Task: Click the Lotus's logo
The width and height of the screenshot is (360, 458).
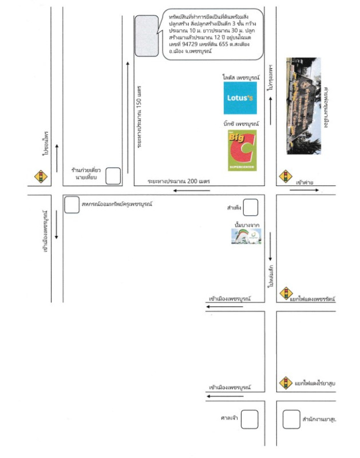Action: [x=240, y=98]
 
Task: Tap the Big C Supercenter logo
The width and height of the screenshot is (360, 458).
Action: [x=242, y=150]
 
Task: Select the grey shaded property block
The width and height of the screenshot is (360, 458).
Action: [x=147, y=36]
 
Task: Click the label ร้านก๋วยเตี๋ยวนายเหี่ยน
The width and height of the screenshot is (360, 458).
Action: [x=86, y=175]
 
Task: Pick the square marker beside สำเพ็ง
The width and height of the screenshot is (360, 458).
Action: [x=251, y=207]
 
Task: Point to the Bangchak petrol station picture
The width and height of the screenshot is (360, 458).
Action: [x=247, y=235]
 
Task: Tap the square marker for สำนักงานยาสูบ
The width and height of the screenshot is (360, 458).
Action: [x=292, y=420]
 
